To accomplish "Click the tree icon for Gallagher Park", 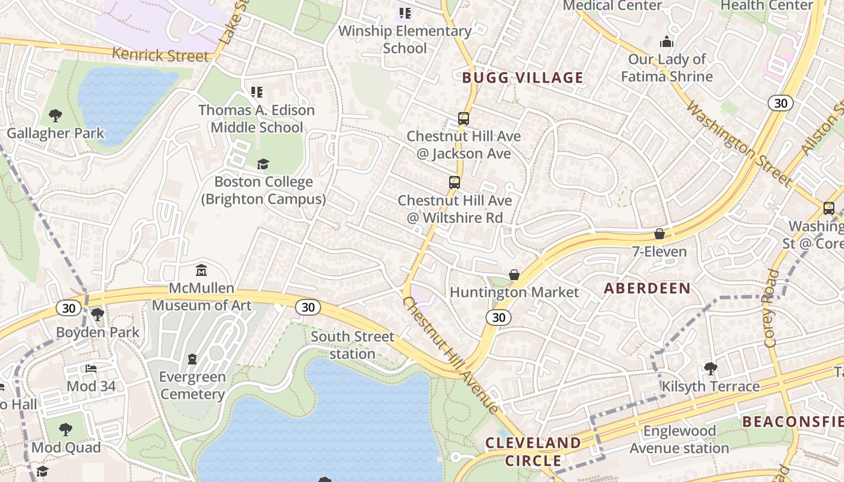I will click(x=55, y=115).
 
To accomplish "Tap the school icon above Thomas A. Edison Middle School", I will click(x=257, y=92).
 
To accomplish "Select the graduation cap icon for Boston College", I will click(x=263, y=164).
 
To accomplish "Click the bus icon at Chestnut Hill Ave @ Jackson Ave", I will click(x=463, y=118).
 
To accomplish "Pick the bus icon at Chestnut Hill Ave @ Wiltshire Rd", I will click(x=455, y=182).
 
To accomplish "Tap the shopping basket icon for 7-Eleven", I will click(x=660, y=234).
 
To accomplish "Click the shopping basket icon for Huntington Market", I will click(x=514, y=275).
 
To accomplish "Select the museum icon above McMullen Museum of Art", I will click(x=201, y=271).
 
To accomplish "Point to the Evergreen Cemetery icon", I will click(x=192, y=359).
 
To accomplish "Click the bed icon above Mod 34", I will click(x=91, y=368).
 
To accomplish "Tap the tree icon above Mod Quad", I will click(x=66, y=430).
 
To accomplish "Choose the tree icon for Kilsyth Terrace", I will click(x=711, y=368).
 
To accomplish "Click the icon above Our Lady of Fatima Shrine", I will click(x=666, y=42).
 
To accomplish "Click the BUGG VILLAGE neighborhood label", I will click(x=523, y=78).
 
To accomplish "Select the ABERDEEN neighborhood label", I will click(x=647, y=288).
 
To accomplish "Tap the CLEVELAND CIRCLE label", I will click(x=534, y=452).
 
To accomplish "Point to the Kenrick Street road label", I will click(x=160, y=55).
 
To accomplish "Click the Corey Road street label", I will click(x=772, y=308).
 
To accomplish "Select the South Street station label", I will click(x=353, y=345).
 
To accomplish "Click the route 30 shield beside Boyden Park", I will click(x=69, y=308).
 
